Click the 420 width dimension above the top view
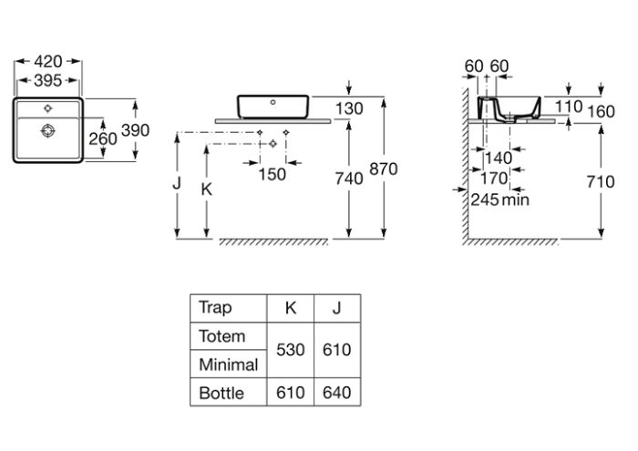(x=48, y=61)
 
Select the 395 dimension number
(x=48, y=80)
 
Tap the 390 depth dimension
(x=135, y=130)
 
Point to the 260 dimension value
(x=102, y=138)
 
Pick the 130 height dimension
(x=350, y=108)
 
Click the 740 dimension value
(x=350, y=179)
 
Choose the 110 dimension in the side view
(x=569, y=108)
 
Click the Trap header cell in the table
(x=216, y=307)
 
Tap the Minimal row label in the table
(x=229, y=364)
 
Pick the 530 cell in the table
(x=291, y=350)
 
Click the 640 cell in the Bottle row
(x=336, y=393)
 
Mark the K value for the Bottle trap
(x=291, y=393)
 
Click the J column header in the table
(x=336, y=307)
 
